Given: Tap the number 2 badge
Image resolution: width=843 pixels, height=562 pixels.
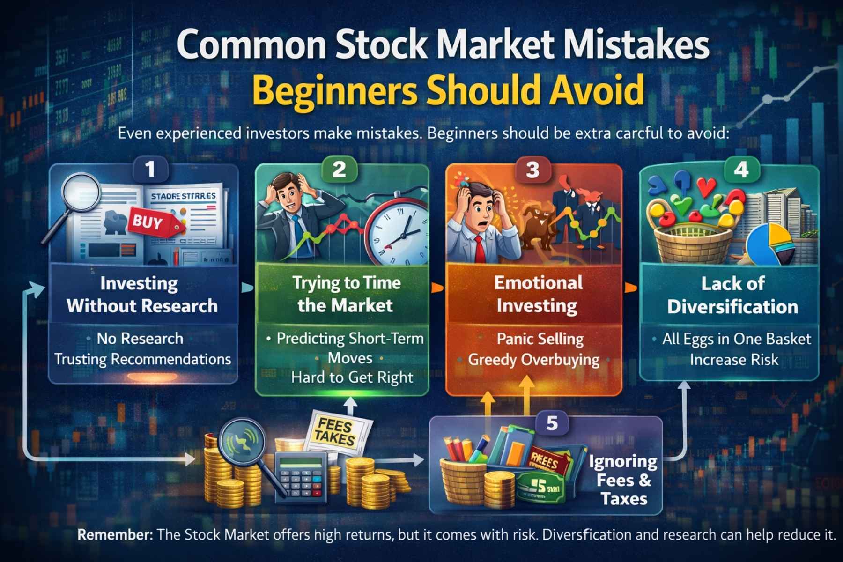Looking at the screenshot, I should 340,169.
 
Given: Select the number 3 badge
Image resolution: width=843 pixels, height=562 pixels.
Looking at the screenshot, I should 532,170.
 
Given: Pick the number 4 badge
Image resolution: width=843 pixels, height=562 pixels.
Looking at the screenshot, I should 741,170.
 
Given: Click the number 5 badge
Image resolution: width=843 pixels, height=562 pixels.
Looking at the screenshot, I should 552,423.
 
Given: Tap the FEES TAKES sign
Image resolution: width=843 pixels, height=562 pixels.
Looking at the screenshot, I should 335,432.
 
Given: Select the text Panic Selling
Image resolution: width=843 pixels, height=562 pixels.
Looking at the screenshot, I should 540,339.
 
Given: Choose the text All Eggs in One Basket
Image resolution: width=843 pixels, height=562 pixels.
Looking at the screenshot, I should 736,339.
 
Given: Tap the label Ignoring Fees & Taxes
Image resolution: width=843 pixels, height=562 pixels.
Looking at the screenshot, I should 623,480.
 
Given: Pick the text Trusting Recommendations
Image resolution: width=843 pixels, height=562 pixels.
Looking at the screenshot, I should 143,359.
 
